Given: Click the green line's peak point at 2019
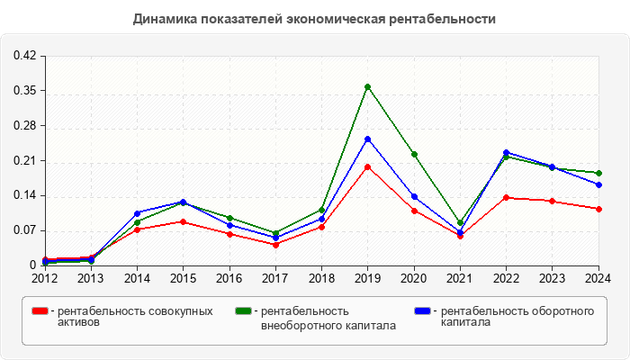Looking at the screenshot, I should (367, 86).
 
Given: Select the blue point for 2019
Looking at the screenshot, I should (367, 139).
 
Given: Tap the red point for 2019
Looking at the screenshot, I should (367, 166).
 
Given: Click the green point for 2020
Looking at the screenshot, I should (414, 154).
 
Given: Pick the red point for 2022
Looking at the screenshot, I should (506, 197).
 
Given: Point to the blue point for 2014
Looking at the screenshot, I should (137, 213).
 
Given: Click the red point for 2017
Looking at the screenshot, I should (275, 244).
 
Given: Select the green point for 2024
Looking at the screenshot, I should (598, 173).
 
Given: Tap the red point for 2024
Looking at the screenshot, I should (598, 209).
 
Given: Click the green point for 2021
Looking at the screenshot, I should (460, 222).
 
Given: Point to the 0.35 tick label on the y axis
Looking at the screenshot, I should (24, 91).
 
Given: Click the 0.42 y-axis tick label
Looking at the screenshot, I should (24, 56).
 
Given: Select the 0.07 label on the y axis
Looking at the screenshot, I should (24, 230).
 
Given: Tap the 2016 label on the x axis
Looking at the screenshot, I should (229, 278).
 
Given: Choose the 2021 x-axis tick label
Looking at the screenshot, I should (460, 278).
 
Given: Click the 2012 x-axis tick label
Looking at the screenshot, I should (45, 278).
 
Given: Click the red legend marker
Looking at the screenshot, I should (39, 311).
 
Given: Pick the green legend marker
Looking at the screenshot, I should (242, 311).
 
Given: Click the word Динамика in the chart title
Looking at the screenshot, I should (162, 18).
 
